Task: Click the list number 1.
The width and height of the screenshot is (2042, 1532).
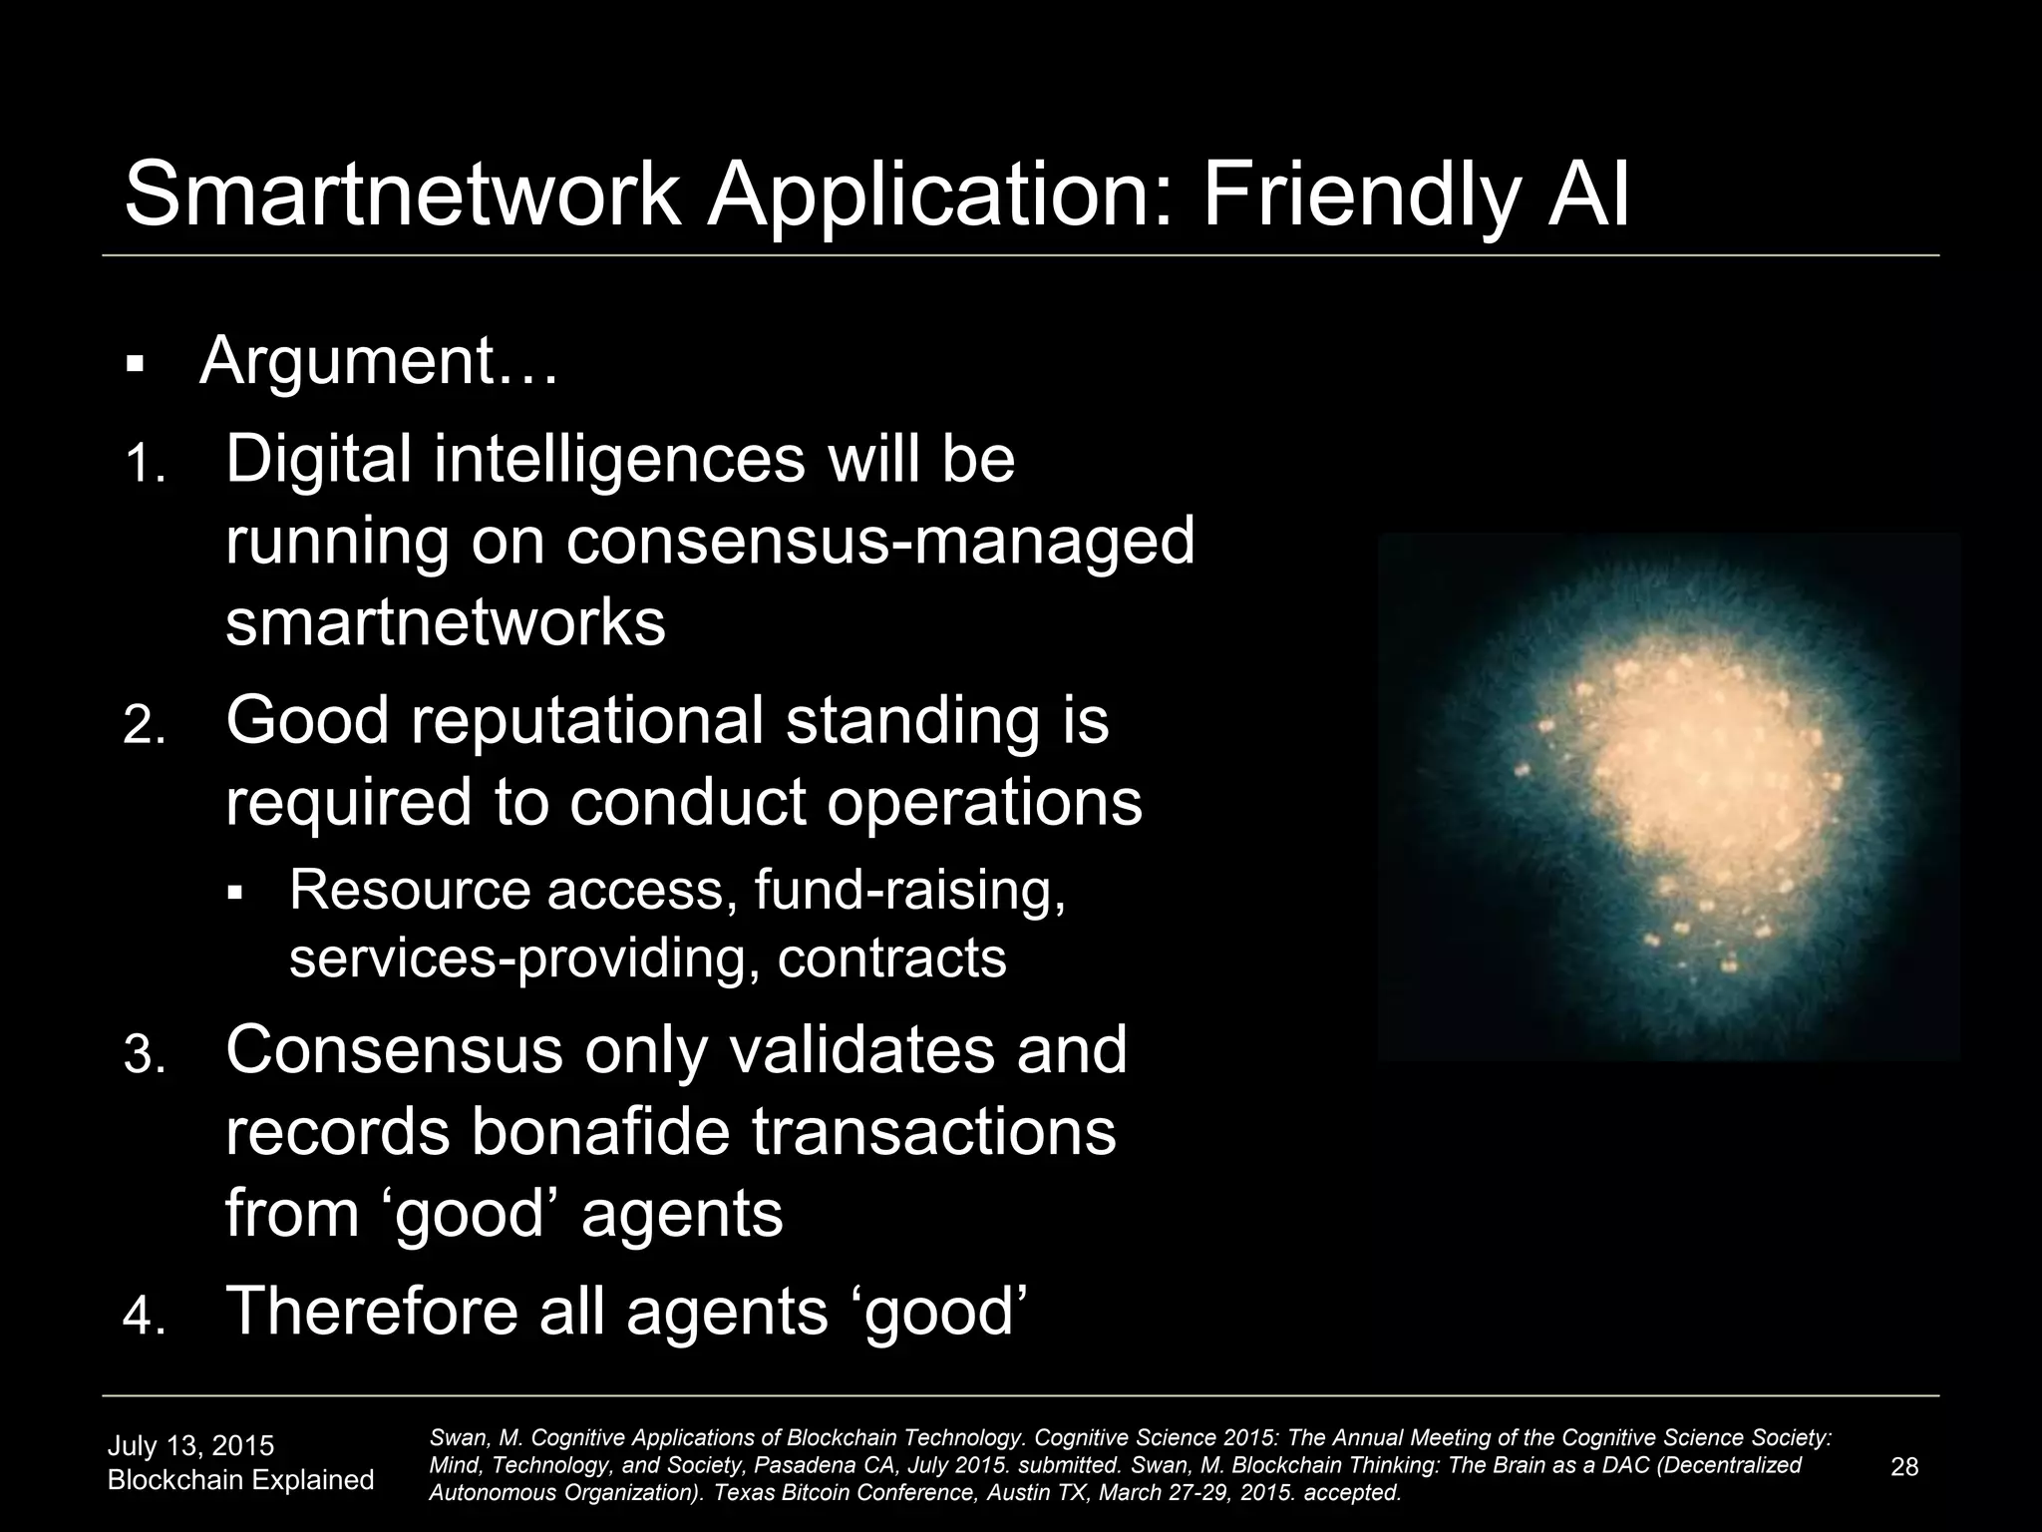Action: [145, 465]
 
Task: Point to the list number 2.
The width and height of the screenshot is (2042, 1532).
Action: [145, 727]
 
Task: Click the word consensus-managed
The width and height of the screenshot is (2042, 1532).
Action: [880, 542]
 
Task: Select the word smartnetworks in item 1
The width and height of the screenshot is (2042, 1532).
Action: [446, 622]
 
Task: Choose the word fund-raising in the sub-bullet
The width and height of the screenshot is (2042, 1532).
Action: [910, 890]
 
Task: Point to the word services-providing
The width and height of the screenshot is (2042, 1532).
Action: [524, 957]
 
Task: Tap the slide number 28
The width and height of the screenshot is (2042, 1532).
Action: [1903, 1466]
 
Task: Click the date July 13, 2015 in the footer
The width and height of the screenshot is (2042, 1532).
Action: [190, 1446]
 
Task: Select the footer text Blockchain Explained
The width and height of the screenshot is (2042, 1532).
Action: [240, 1480]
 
